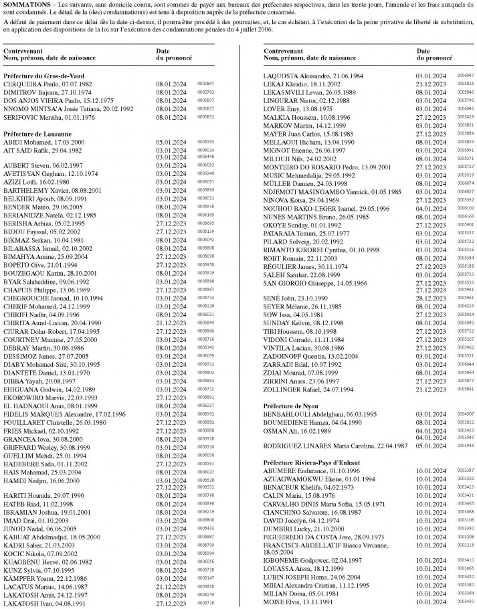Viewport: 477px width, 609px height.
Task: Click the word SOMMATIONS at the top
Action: coord(25,5)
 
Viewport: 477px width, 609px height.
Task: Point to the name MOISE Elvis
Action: coord(284,602)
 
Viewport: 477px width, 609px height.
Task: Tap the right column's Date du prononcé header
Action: coord(434,55)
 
